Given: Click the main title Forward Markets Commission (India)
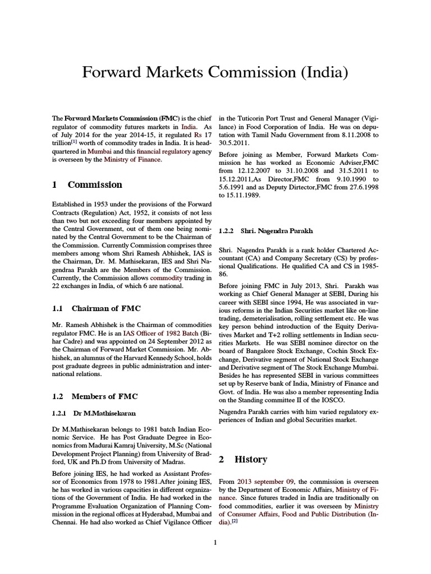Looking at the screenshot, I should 215,72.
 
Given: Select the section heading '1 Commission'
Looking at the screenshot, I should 86,184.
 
